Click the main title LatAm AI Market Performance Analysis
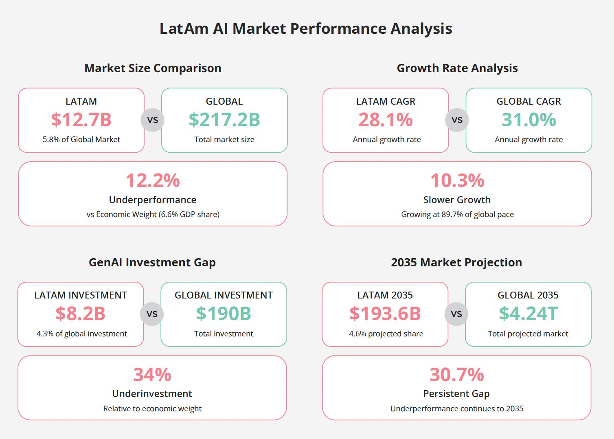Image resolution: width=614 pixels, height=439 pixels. tap(306, 29)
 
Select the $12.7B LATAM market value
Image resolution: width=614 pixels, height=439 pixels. tap(81, 120)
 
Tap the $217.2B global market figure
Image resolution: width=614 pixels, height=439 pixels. tap(224, 120)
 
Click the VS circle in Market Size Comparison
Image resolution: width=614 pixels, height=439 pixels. tap(153, 120)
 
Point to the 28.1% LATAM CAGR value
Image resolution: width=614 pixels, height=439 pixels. tap(386, 120)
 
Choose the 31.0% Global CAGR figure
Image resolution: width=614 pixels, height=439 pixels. tap(528, 120)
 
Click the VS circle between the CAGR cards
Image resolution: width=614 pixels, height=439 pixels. tap(457, 120)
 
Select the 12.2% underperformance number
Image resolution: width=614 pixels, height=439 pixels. tap(153, 180)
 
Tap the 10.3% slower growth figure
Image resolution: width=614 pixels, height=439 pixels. tap(457, 180)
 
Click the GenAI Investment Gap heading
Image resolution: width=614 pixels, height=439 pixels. tap(152, 262)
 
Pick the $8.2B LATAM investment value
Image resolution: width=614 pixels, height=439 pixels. tap(81, 314)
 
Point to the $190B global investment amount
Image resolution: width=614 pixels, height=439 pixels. tap(224, 314)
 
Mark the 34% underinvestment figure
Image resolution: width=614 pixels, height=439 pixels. tap(152, 375)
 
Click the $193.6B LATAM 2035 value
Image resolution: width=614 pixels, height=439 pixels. tap(385, 314)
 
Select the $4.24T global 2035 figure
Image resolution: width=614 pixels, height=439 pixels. tap(528, 314)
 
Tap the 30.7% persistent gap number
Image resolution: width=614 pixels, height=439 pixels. tap(457, 375)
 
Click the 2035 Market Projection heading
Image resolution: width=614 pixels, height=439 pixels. tap(456, 262)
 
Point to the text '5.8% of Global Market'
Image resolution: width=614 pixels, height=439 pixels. tap(81, 139)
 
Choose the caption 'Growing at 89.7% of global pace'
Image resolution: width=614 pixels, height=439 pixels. tap(457, 214)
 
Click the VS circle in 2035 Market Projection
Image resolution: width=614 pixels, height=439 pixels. tap(456, 314)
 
